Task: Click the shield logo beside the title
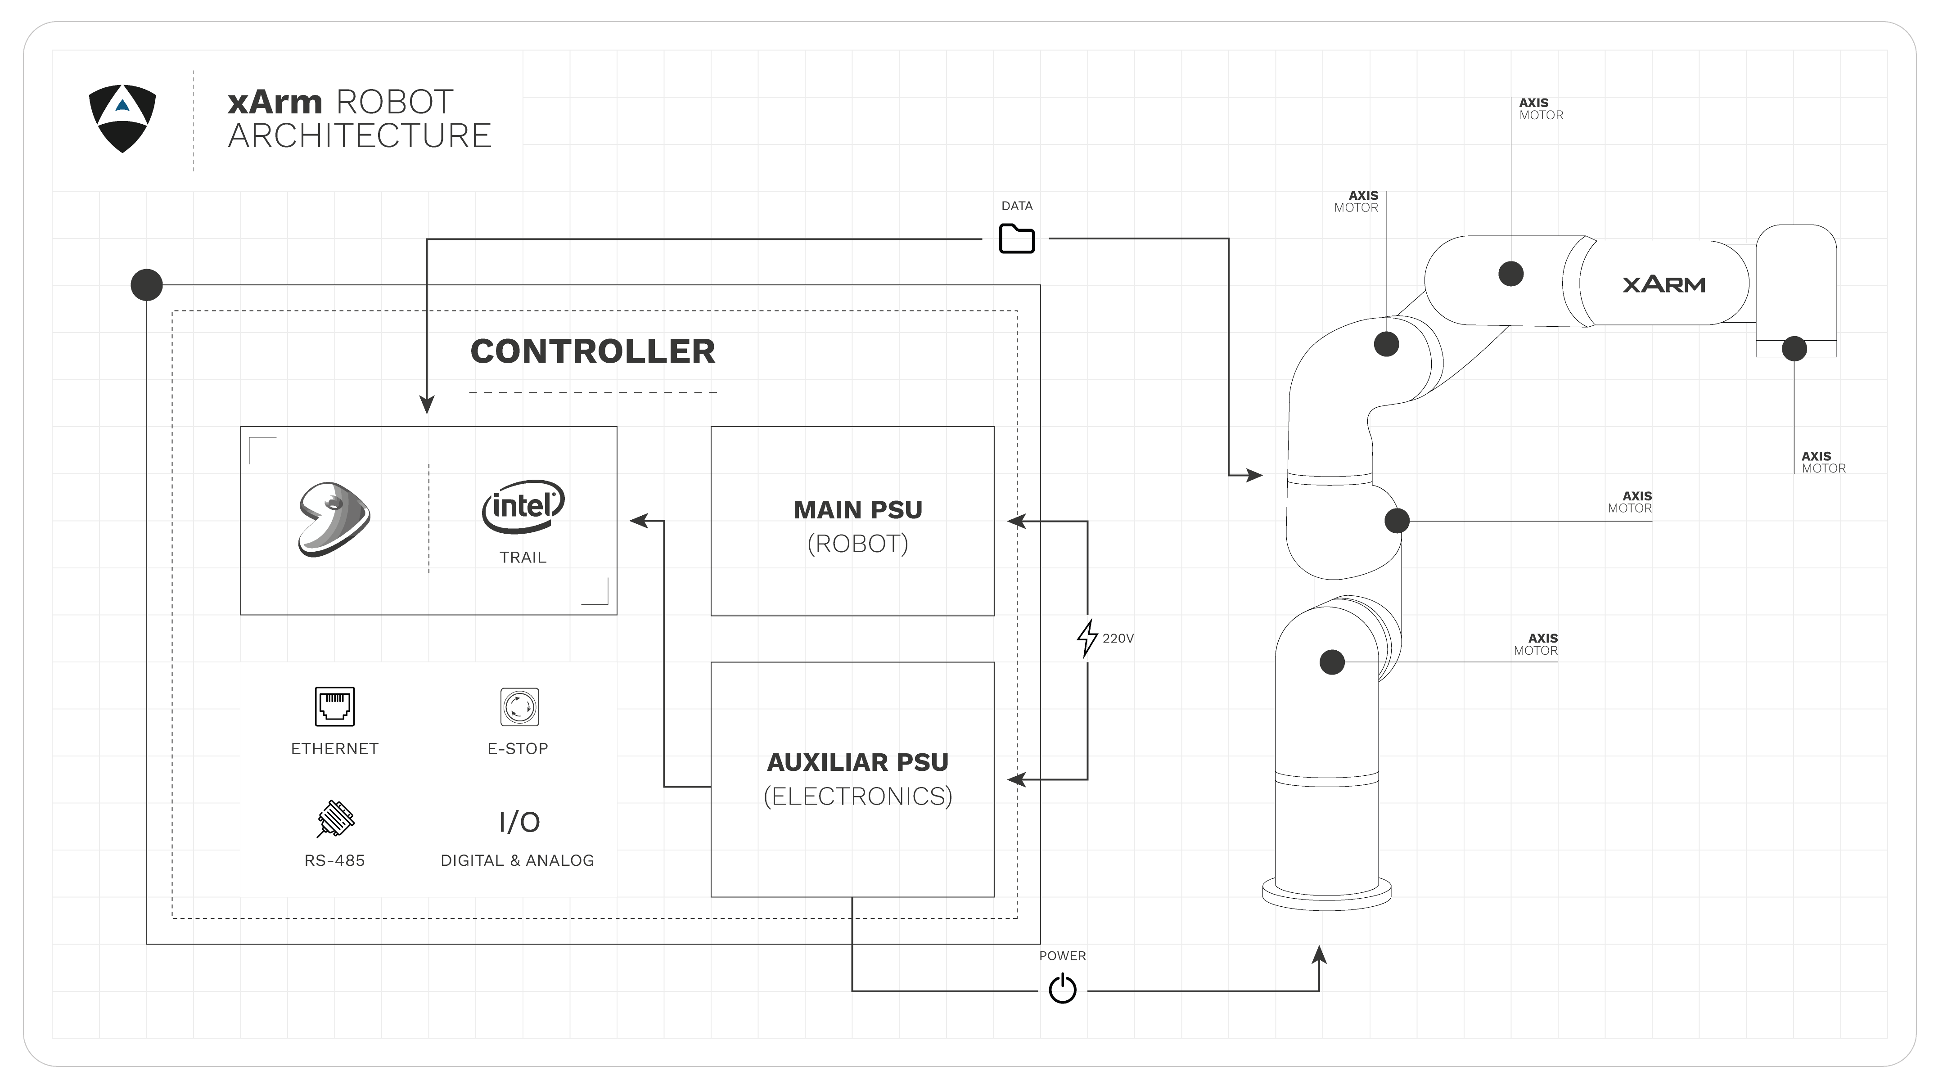coord(122,119)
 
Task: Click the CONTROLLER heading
coord(592,351)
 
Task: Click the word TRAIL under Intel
coord(523,558)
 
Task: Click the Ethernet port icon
coord(335,706)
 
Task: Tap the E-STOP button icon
coord(519,706)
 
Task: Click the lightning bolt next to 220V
coord(1086,638)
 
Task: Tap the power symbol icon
coord(1062,989)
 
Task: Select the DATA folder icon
coord(1017,238)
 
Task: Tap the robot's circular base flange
coord(1327,895)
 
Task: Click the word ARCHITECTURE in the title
coord(360,136)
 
